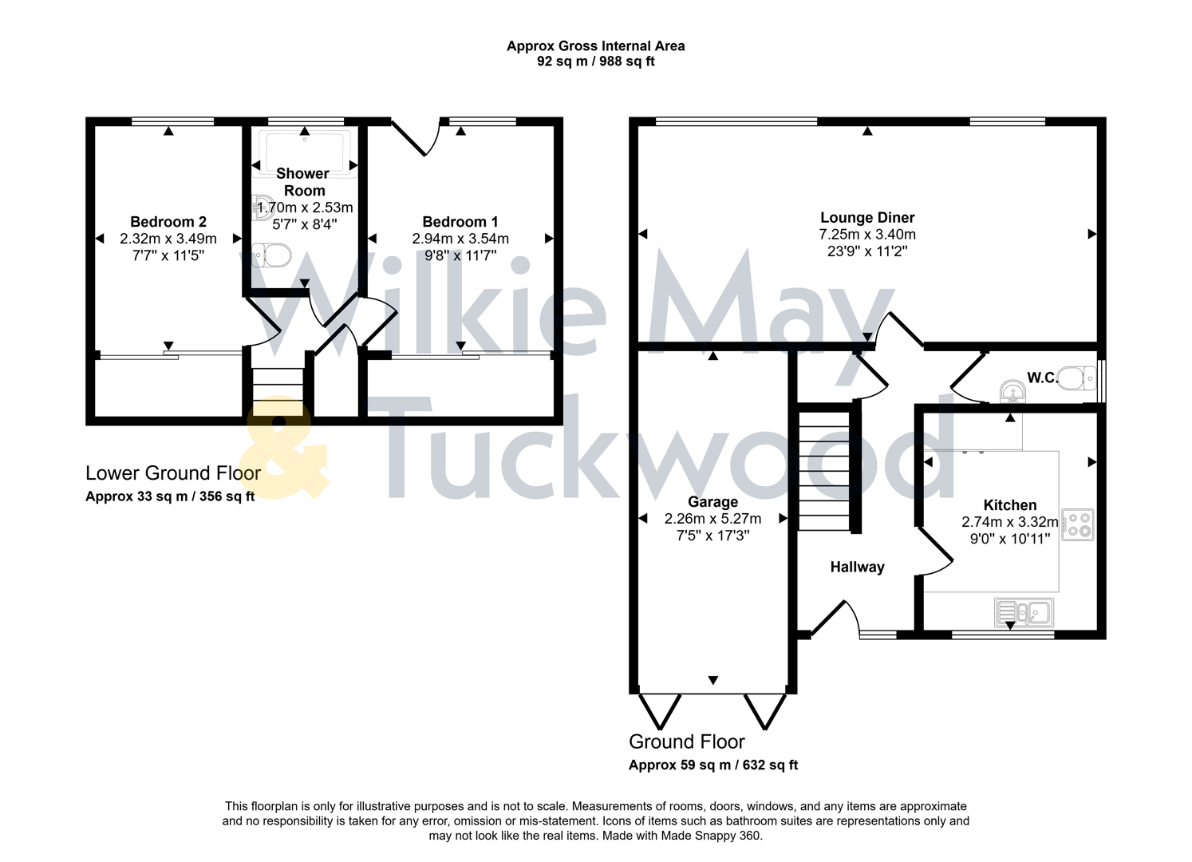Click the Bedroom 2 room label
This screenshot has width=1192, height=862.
pos(168,222)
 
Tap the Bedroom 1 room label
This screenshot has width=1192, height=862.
pos(460,222)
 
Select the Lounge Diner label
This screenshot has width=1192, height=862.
pos(867,217)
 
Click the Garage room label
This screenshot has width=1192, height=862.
pos(712,502)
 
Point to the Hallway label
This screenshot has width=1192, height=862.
pos(857,567)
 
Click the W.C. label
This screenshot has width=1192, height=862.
pos(1042,378)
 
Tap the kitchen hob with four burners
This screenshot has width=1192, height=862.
pos(1078,525)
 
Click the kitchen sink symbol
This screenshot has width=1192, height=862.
pos(1024,613)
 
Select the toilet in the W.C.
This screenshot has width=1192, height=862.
pos(1079,378)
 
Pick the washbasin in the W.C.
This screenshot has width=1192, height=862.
pos(1012,391)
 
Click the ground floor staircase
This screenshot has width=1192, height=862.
pos(825,471)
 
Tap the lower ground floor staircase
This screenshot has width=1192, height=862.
pos(278,391)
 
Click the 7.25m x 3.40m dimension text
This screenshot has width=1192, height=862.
pos(867,235)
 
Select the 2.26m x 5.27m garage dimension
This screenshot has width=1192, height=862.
pos(712,519)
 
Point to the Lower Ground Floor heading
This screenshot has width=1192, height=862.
pos(173,473)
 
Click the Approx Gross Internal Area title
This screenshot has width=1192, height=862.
pos(595,46)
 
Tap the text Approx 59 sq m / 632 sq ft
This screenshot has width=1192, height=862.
pos(713,765)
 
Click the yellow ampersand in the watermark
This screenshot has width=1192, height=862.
pos(283,451)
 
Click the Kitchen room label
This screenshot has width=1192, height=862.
pos(1010,505)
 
